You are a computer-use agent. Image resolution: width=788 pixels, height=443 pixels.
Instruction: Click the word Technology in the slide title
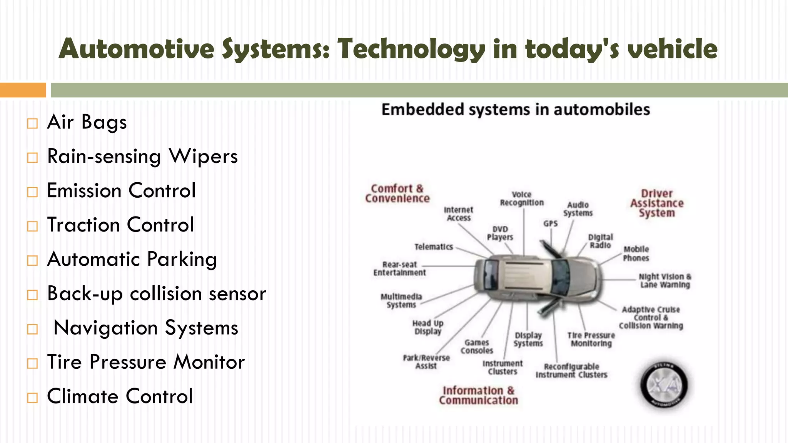click(x=411, y=49)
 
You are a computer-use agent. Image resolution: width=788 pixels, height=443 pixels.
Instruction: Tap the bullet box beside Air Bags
click(x=33, y=123)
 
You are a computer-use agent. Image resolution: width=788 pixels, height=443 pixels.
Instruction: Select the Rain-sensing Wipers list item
click(x=142, y=157)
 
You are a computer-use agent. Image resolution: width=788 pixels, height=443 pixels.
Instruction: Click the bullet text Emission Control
click(x=121, y=191)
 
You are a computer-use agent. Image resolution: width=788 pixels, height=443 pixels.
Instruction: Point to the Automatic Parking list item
click(x=132, y=259)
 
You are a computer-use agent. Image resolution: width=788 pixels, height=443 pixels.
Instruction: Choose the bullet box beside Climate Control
click(x=33, y=397)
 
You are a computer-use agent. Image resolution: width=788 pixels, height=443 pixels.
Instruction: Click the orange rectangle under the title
click(x=23, y=90)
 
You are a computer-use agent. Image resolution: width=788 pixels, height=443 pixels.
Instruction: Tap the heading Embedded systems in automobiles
click(x=516, y=110)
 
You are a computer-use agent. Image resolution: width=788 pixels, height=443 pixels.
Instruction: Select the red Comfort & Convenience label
click(x=397, y=193)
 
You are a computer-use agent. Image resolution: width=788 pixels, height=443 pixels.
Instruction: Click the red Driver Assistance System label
click(x=657, y=203)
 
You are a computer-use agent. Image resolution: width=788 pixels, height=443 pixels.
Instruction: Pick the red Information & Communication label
click(x=479, y=395)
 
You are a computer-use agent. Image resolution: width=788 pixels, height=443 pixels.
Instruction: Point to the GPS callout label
click(x=551, y=223)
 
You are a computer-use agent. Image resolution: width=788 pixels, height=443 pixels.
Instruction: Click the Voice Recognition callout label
click(x=522, y=198)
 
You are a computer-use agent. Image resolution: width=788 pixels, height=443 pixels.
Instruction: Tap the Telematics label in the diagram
click(x=434, y=247)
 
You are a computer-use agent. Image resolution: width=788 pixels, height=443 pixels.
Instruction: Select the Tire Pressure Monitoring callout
click(x=591, y=339)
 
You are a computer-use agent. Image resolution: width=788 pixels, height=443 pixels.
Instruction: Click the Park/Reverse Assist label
click(x=426, y=361)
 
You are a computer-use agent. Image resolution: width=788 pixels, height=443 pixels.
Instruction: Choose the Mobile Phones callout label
click(x=636, y=253)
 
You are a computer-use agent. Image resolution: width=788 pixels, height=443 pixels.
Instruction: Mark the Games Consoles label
click(x=477, y=346)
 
